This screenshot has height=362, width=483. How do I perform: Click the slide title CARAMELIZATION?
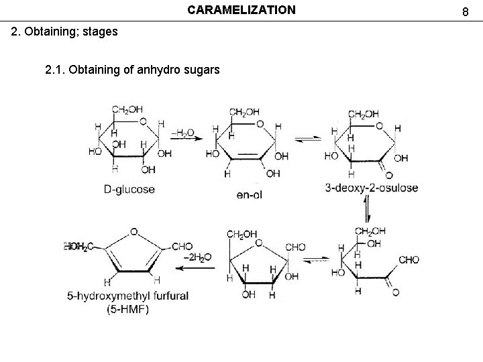pyautogui.click(x=241, y=10)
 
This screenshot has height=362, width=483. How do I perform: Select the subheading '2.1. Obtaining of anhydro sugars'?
pyautogui.click(x=132, y=68)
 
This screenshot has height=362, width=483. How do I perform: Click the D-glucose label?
pyautogui.click(x=129, y=189)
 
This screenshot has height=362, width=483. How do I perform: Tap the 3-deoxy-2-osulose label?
pyautogui.click(x=371, y=188)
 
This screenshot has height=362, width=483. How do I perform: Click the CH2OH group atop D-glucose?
pyautogui.click(x=127, y=109)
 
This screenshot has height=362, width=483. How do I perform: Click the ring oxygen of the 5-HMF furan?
pyautogui.click(x=134, y=231)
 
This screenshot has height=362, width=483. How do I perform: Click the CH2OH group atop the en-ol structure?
pyautogui.click(x=244, y=112)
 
